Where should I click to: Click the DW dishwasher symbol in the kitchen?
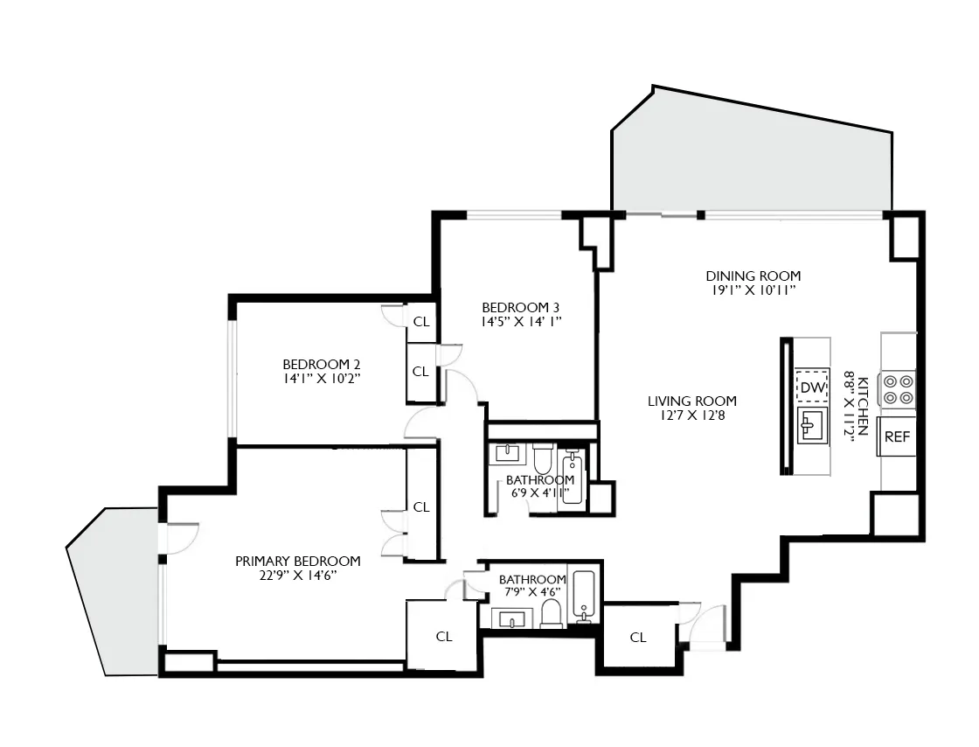tap(812, 387)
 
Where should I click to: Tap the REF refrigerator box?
tap(898, 437)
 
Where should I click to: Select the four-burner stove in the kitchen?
tap(898, 389)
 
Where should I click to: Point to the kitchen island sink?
tap(812, 427)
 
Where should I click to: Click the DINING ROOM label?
tap(753, 276)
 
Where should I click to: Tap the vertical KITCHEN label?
tap(862, 406)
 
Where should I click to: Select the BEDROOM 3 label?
tap(520, 307)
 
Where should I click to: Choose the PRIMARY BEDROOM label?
tap(297, 562)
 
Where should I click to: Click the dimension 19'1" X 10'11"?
tap(753, 290)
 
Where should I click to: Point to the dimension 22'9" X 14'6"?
tap(297, 576)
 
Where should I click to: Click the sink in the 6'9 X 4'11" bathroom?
tap(507, 453)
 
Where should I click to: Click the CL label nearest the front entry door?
tap(638, 638)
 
